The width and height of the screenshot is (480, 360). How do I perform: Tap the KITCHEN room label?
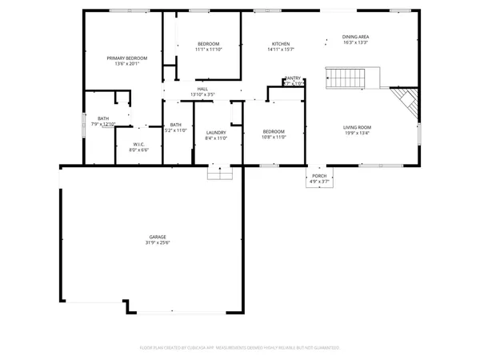point(280,44)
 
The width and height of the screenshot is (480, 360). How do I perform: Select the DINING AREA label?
point(355,37)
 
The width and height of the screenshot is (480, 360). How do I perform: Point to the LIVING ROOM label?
point(358,127)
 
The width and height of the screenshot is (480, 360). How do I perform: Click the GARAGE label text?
point(157,237)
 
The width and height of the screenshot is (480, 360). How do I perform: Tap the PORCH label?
point(319,176)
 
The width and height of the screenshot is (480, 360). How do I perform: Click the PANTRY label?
point(293,78)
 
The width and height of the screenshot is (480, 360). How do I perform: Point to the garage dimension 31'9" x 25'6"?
point(157,243)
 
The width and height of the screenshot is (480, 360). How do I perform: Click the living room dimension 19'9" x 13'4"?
point(358,134)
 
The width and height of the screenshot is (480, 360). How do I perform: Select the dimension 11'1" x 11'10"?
point(208,50)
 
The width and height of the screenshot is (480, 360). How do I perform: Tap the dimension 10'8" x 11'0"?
point(274,138)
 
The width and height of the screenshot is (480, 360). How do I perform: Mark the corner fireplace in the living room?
point(406,102)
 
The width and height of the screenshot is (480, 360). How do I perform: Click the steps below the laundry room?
point(218,172)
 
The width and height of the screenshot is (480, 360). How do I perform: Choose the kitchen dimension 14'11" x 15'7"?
point(280,50)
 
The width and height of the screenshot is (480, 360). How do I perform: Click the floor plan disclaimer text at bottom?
point(240,348)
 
